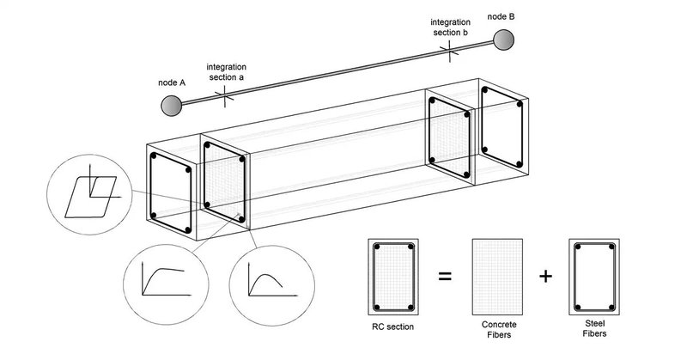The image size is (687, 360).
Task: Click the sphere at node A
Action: [x=172, y=106]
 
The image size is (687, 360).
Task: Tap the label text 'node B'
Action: [x=502, y=15]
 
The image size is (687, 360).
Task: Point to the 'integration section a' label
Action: [x=228, y=70]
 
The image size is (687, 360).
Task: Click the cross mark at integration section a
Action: [x=226, y=96]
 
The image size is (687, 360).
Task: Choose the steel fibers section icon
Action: [x=593, y=277]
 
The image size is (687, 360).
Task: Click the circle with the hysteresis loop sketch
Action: [x=89, y=191]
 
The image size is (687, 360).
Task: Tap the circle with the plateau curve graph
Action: [x=159, y=280]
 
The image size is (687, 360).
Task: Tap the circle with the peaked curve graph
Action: [x=265, y=280]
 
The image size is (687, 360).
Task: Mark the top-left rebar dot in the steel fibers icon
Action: [x=578, y=248]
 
